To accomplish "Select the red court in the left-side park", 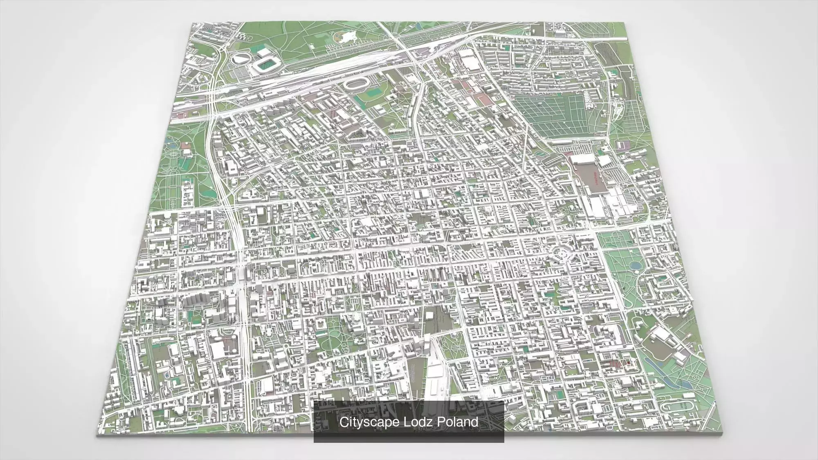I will (187, 144).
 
